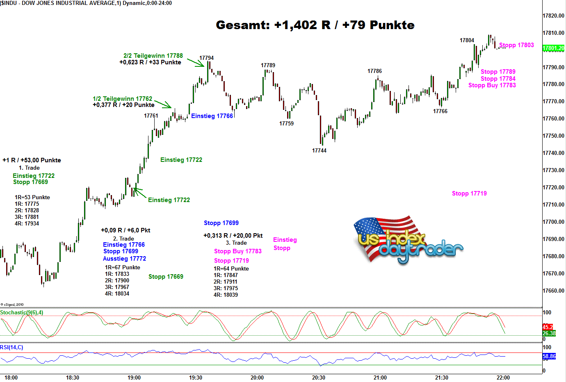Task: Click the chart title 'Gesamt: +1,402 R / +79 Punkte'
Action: pos(315,25)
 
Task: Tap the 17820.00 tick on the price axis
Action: pos(553,16)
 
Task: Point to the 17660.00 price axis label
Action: pos(553,291)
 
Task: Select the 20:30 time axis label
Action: pos(318,377)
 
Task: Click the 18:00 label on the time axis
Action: pos(11,377)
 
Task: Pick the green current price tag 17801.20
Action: pos(553,48)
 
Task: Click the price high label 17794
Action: pos(206,58)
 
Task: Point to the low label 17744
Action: pos(319,150)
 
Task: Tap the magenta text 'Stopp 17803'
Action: pos(516,45)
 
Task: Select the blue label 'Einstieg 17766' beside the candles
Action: pos(212,116)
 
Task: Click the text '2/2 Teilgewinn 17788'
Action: pos(153,56)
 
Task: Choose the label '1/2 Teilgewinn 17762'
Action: pos(122,99)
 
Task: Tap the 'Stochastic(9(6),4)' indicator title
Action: pos(22,312)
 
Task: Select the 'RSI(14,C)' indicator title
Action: pos(11,347)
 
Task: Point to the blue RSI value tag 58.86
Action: pos(549,356)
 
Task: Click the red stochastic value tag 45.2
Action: pos(548,327)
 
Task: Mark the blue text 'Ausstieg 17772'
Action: pos(124,259)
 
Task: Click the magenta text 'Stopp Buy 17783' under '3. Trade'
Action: pos(237,251)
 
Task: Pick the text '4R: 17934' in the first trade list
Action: pos(27,223)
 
